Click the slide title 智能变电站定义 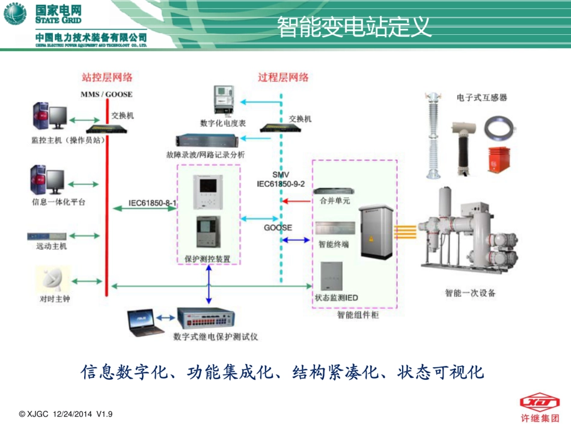354,26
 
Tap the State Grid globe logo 15,14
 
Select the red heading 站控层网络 107,77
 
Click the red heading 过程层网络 283,77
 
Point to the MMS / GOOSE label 106,94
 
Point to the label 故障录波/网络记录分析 206,155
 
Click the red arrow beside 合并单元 294,201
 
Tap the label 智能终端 334,245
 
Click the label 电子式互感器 481,97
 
